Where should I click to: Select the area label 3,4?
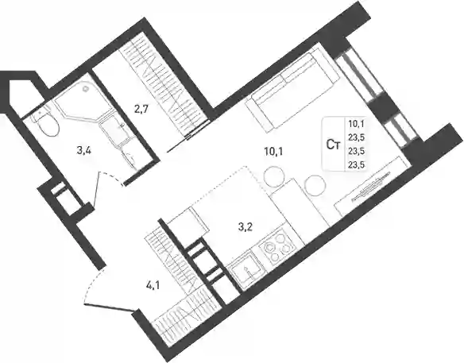[x=83, y=151]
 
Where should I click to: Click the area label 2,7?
[x=141, y=110]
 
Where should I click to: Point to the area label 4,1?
[x=153, y=286]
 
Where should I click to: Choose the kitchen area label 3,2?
[x=246, y=227]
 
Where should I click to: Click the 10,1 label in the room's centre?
[x=273, y=152]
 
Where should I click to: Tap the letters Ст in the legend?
[x=333, y=145]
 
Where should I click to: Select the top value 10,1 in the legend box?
[x=356, y=124]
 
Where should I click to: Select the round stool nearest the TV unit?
[x=315, y=185]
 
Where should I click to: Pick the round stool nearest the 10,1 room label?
[x=274, y=176]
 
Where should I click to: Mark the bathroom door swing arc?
[x=112, y=177]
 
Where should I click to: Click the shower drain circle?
[x=86, y=88]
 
